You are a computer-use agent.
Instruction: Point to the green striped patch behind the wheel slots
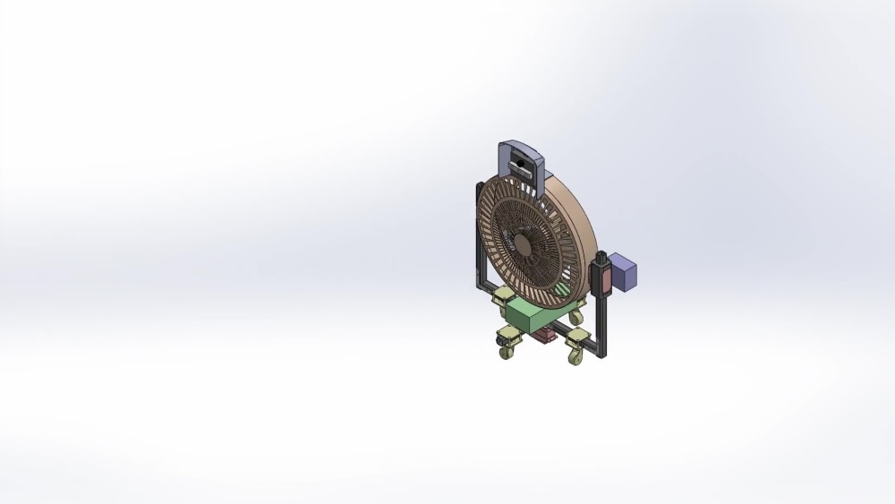click(x=561, y=290)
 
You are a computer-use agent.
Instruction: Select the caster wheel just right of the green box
click(x=576, y=317)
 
